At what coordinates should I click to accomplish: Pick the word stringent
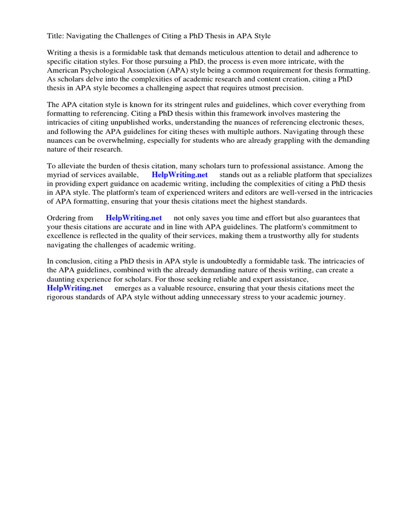pos(180,105)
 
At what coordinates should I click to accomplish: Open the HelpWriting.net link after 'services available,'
pos(179,174)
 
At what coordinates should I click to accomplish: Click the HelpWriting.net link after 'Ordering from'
pos(134,218)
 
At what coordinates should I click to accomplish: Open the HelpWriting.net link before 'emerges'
pos(75,288)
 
